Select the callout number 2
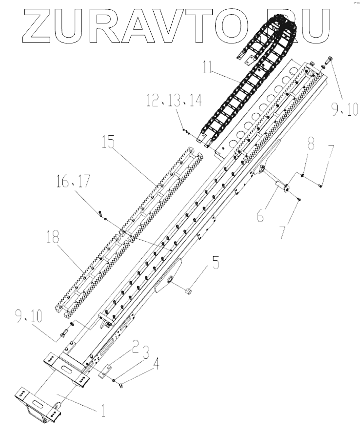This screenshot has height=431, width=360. click(136, 348)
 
